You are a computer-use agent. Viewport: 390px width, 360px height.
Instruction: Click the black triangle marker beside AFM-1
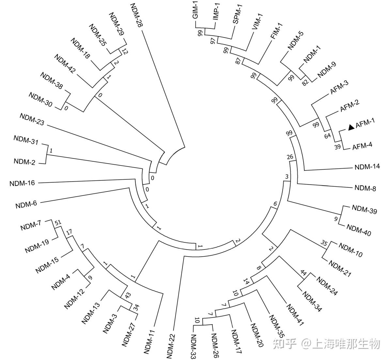point(351,127)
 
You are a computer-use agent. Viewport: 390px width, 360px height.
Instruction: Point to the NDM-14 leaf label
point(367,167)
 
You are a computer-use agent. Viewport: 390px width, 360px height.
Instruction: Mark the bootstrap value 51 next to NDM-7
point(58,223)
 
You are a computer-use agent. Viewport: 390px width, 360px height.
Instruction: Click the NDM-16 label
point(22,183)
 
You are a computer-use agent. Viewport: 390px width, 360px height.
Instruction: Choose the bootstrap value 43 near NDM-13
point(128,295)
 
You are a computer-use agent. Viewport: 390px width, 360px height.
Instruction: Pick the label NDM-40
point(358,230)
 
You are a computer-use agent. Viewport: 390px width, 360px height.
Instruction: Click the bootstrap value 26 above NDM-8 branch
point(290,157)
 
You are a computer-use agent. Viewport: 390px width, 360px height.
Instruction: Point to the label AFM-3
point(339,88)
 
